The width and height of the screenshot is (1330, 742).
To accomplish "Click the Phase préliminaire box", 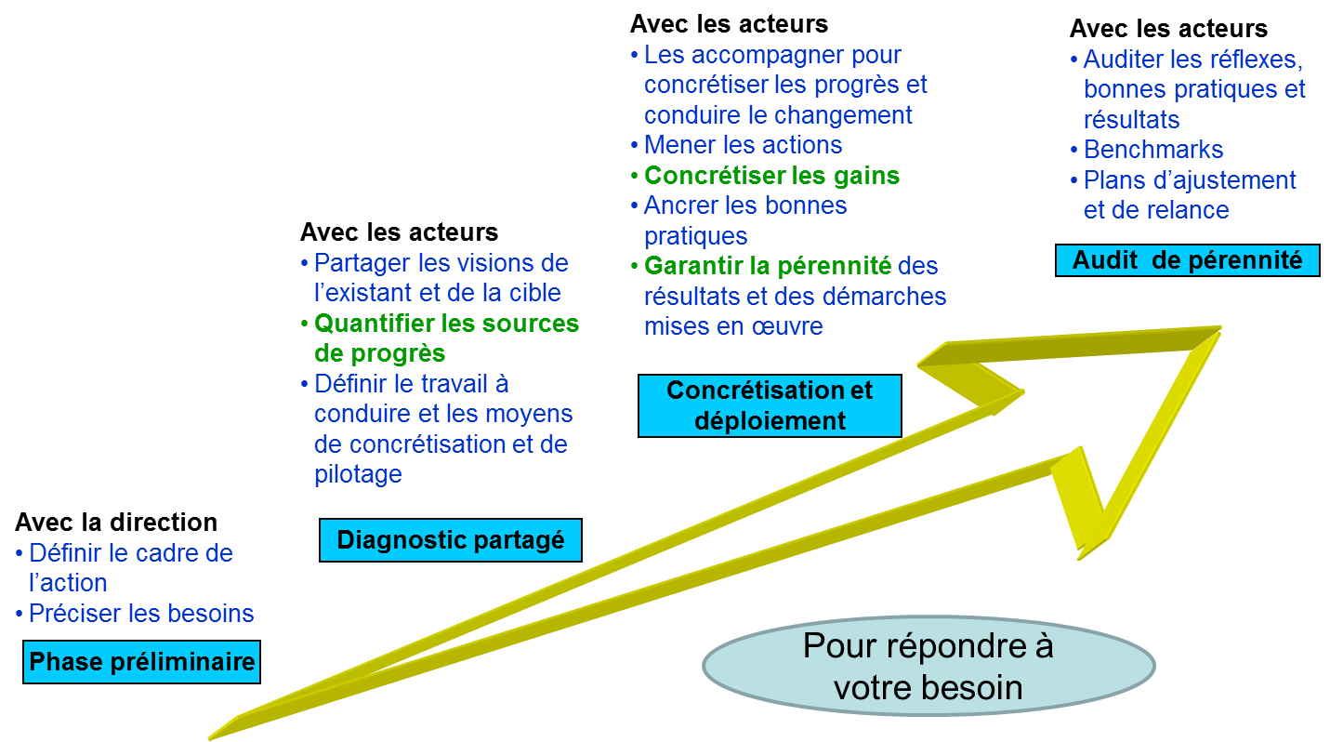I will pos(142,662).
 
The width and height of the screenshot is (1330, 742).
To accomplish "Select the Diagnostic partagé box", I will pos(451,540).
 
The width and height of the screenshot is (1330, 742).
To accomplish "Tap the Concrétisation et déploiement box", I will pos(770,405).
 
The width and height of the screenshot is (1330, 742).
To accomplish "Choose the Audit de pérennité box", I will pos(1187,260).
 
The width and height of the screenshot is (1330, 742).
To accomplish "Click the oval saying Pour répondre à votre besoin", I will pos(928,667).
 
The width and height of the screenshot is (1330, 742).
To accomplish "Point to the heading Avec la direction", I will pos(116,522).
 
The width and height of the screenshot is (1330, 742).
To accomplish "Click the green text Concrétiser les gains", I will pos(771,175).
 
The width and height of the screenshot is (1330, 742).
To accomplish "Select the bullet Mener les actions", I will pos(743,145).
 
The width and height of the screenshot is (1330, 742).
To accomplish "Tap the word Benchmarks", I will pos(1153,150).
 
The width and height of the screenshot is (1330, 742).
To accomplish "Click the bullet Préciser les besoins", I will pos(141,614).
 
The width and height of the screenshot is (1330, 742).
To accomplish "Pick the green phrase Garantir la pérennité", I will pos(768,266).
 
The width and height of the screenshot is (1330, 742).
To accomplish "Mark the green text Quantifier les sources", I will pos(446,324).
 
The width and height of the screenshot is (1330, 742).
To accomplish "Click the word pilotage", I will pos(358,474).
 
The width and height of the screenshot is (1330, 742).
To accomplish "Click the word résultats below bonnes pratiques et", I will pos(1131,120).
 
